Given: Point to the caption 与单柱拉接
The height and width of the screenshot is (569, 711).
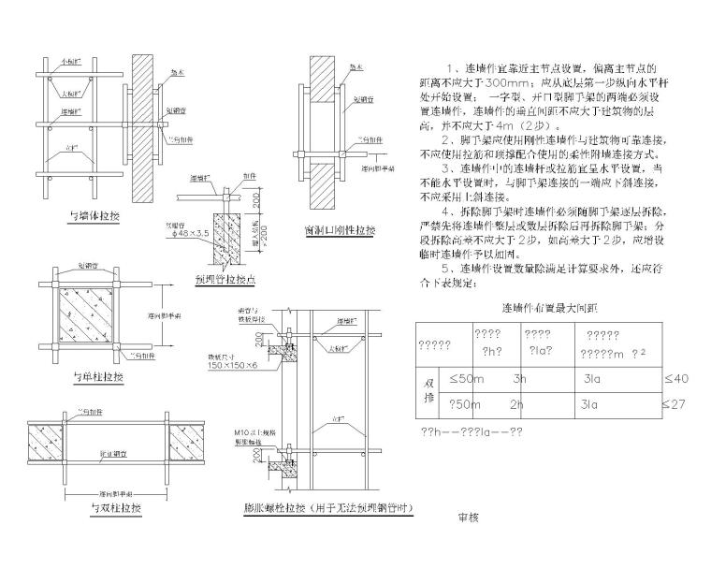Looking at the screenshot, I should pyautogui.click(x=97, y=377).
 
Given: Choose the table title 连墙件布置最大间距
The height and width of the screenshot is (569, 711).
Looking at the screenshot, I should pyautogui.click(x=536, y=307).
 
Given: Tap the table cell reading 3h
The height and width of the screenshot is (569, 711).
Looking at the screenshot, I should pyautogui.click(x=520, y=379).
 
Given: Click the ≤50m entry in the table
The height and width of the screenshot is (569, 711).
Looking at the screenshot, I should pyautogui.click(x=464, y=379).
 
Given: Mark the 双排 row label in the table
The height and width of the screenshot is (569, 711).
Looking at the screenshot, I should pyautogui.click(x=429, y=391).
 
